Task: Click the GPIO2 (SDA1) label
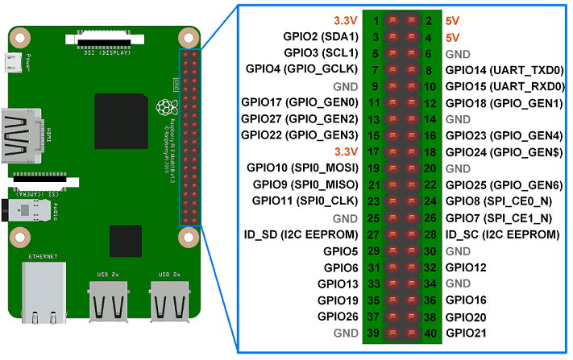pyautogui.click(x=321, y=36)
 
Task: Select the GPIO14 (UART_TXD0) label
pyautogui.click(x=504, y=69)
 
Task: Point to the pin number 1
pyautogui.click(x=376, y=20)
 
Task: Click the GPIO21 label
pyautogui.click(x=467, y=333)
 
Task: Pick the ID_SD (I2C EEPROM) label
pyautogui.click(x=301, y=234)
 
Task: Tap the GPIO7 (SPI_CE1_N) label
pyautogui.click(x=498, y=217)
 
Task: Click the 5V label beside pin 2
pyautogui.click(x=453, y=20)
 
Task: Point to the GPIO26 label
pyautogui.click(x=338, y=317)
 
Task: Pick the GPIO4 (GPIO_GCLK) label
pyautogui.click(x=302, y=69)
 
